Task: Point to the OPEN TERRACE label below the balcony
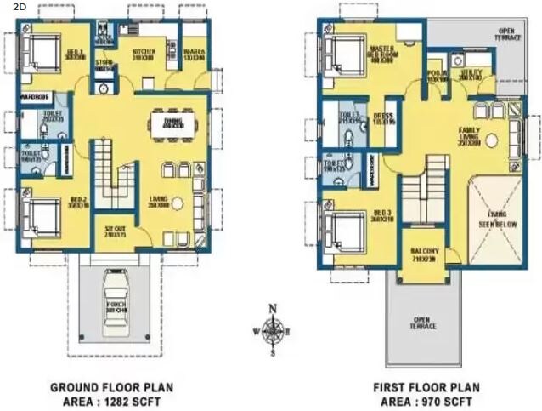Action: click(422, 323)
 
